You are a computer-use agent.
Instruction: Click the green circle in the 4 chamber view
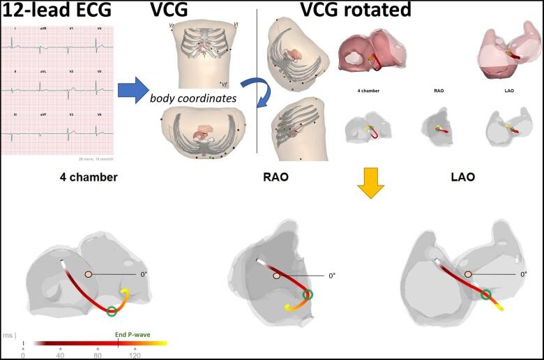click(x=112, y=310)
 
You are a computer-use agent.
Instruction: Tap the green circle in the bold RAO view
click(x=308, y=294)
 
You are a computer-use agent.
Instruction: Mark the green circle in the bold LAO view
click(x=485, y=294)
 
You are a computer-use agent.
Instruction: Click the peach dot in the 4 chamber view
click(x=88, y=275)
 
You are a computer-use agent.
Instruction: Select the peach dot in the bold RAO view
click(x=278, y=276)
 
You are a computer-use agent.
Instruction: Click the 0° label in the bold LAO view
click(x=524, y=275)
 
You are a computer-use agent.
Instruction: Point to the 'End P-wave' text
click(x=133, y=334)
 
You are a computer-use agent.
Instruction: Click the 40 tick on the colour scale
click(x=60, y=355)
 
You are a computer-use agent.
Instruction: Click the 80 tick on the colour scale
click(x=97, y=355)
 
